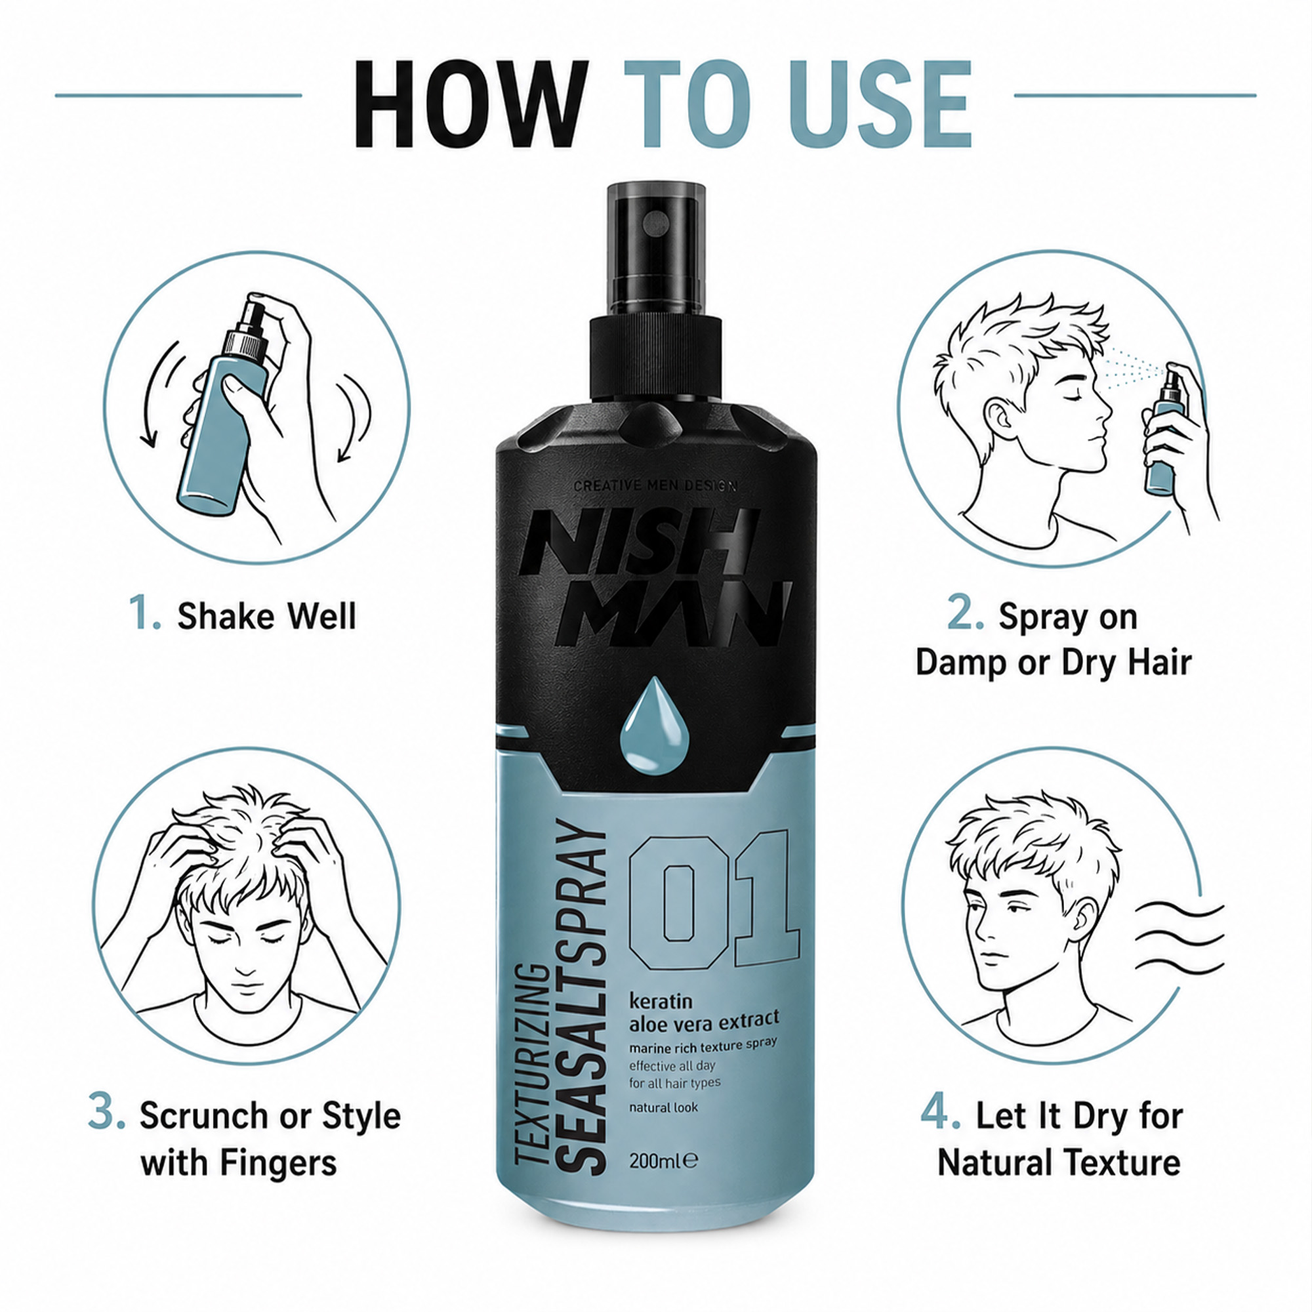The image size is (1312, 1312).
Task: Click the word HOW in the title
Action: (x=470, y=104)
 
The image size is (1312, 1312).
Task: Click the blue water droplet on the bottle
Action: (x=655, y=725)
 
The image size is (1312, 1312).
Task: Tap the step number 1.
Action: (x=144, y=613)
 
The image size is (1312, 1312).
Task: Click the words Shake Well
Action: (x=266, y=615)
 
